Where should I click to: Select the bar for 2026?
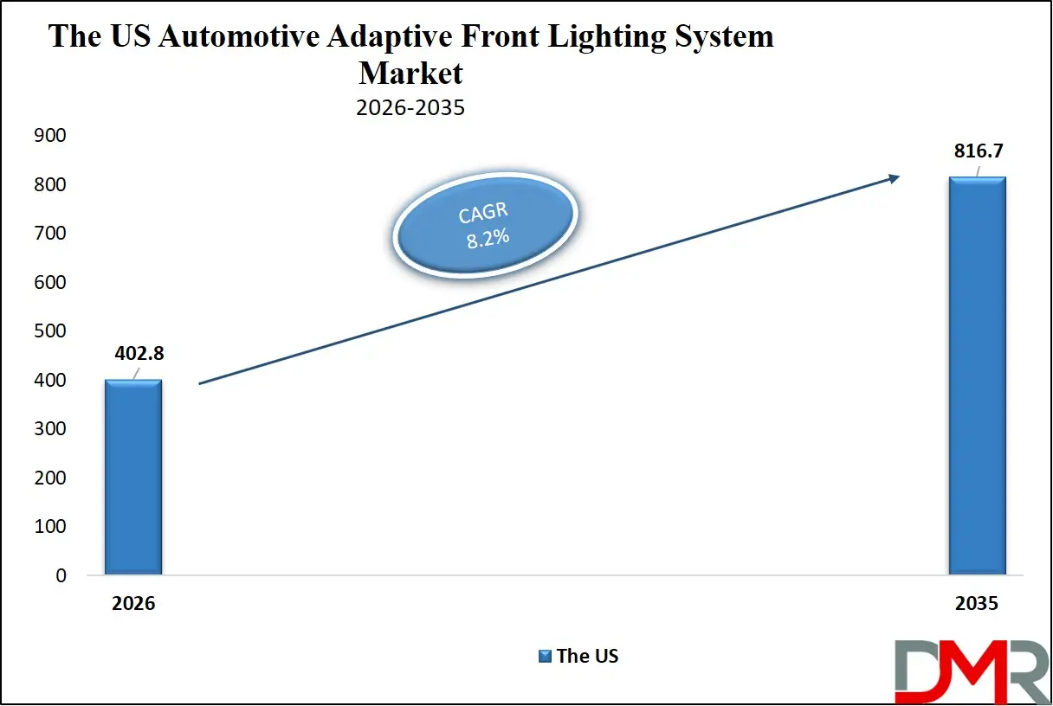tap(132, 478)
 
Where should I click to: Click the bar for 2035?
tap(977, 376)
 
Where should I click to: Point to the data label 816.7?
tap(977, 151)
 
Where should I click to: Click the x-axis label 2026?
tap(132, 604)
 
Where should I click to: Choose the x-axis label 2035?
tap(977, 604)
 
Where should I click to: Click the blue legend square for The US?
tap(544, 656)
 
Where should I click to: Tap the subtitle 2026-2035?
tap(410, 108)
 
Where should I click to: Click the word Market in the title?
tap(410, 73)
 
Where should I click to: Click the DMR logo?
tap(970, 671)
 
